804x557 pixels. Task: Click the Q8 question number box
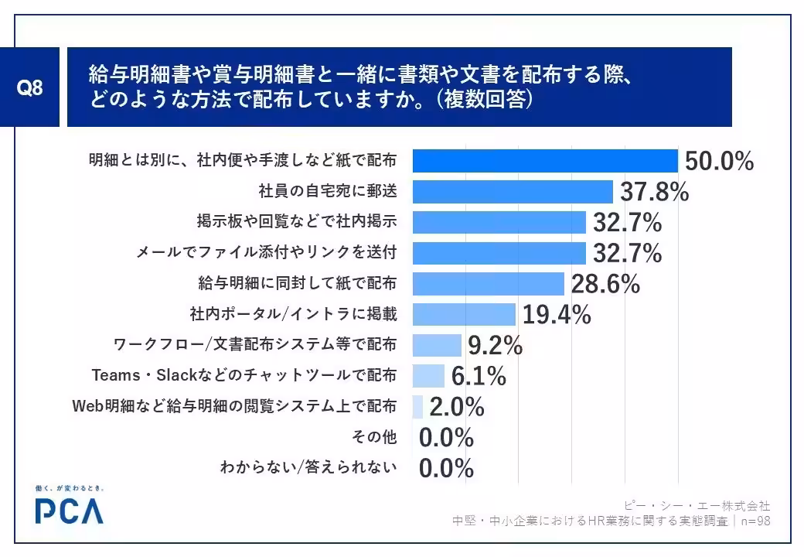29,87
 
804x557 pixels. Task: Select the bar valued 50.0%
546,161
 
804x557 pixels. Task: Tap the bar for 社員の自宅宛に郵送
513,192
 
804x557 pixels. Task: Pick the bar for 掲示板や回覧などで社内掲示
499,223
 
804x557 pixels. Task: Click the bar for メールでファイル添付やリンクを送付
499,253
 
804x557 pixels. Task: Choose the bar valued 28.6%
489,284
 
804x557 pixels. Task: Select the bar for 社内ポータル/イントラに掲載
464,314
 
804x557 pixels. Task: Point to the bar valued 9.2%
438,345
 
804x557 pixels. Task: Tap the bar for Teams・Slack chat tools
428,376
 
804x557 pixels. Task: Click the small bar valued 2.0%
418,407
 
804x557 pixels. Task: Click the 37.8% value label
655,192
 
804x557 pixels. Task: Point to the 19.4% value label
557,314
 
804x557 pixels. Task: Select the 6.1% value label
479,376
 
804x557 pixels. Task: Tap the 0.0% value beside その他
446,438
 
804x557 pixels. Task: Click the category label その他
374,436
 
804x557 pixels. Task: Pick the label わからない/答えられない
308,466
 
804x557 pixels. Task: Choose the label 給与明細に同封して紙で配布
298,282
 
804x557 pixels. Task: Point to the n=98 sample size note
756,521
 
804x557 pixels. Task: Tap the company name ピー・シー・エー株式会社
697,506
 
